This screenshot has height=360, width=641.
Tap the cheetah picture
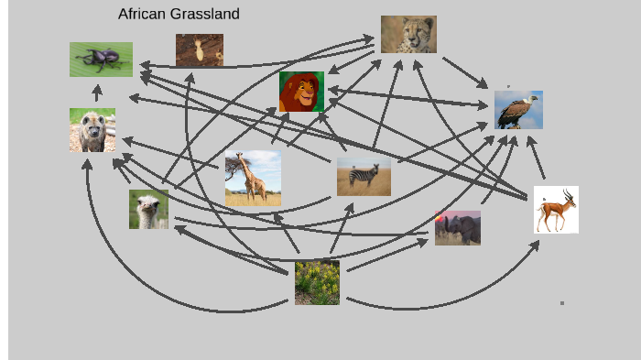(408, 34)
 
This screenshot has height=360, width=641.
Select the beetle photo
(101, 59)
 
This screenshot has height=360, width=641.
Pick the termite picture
(200, 49)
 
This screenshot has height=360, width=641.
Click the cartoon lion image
(301, 92)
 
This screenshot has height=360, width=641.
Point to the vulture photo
(518, 110)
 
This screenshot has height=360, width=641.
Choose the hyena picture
(92, 130)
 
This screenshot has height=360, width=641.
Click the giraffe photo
(253, 179)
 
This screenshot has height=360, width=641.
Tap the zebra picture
(364, 176)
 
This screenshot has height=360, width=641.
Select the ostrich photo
(148, 209)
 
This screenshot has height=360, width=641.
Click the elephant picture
(458, 228)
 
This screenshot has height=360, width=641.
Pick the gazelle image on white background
(556, 210)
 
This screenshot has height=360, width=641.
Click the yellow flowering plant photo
(317, 282)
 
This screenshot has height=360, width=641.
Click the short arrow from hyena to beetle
(97, 93)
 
